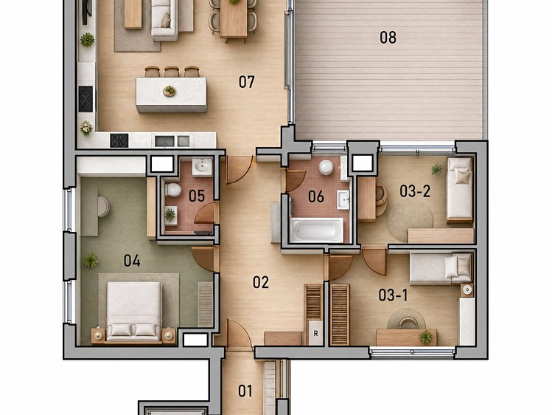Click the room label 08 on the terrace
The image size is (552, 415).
[388, 37]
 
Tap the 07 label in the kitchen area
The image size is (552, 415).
[246, 82]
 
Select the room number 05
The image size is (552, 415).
[197, 196]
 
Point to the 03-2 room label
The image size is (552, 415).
[415, 191]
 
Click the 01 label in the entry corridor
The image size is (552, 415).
[245, 391]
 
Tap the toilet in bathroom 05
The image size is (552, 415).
[173, 190]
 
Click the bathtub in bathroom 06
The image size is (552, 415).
[317, 230]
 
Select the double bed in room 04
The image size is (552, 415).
[134, 311]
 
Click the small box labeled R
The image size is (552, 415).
[315, 333]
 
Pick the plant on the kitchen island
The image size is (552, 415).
[170, 91]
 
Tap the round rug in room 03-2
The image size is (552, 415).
[410, 219]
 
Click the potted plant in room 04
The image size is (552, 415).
[91, 261]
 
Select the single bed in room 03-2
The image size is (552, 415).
[459, 191]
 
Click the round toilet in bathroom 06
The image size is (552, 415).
[326, 167]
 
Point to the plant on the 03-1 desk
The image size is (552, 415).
[426, 337]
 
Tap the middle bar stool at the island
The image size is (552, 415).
[172, 71]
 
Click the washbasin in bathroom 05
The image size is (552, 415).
[202, 166]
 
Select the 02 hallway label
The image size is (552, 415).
[261, 282]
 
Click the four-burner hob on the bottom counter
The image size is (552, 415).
[119, 140]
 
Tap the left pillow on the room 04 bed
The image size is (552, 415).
[121, 330]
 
